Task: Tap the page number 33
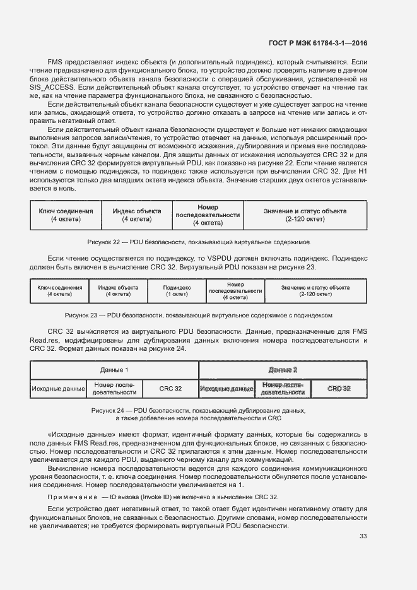[x=363, y=536]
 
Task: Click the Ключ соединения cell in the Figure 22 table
[x=66, y=215]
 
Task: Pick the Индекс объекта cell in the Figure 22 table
[x=137, y=215]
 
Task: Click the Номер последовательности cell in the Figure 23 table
[x=235, y=291]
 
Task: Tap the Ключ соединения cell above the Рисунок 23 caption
[x=60, y=291]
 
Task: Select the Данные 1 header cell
[x=114, y=370]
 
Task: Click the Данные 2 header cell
[x=282, y=370]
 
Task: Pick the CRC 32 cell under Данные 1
[x=170, y=389]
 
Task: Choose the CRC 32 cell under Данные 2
[x=339, y=389]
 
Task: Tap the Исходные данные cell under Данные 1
[x=58, y=389]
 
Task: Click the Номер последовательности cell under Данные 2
[x=283, y=389]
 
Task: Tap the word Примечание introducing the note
[x=73, y=497]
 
